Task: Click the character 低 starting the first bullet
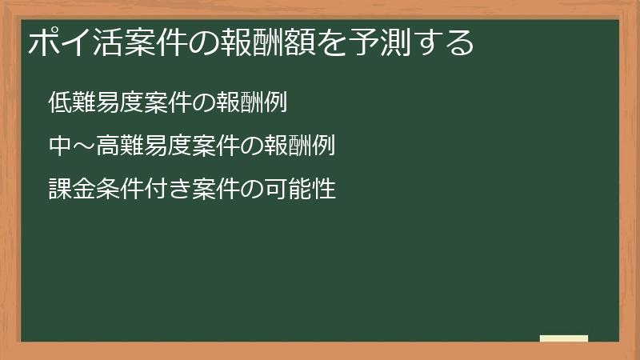coord(58,103)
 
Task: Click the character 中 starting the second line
coord(58,146)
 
